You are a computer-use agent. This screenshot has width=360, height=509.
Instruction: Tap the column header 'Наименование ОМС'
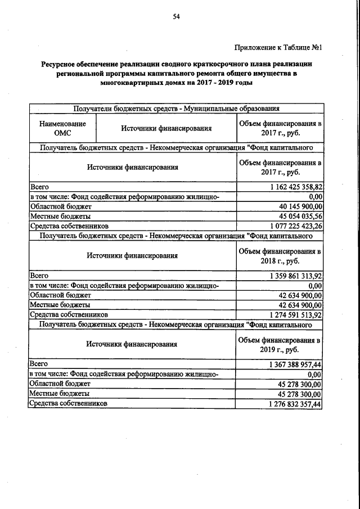(x=62, y=128)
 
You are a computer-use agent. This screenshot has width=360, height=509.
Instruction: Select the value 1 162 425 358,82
(x=290, y=187)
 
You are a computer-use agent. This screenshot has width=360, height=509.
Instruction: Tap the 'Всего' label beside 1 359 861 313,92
(x=39, y=276)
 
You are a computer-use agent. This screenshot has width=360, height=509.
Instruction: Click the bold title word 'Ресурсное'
(x=60, y=65)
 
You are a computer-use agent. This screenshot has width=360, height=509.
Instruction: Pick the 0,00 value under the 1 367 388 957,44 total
(x=314, y=375)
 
